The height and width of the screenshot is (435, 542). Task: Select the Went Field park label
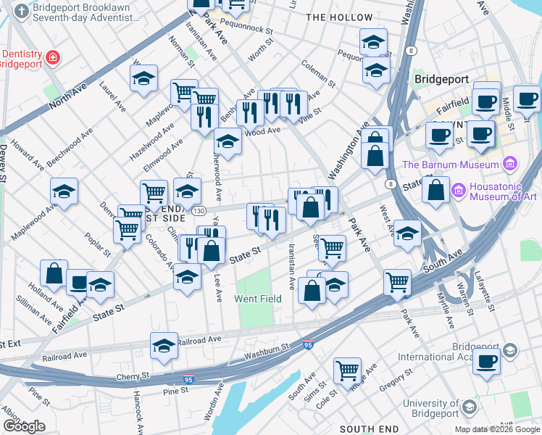253,299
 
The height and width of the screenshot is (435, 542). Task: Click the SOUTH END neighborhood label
368,429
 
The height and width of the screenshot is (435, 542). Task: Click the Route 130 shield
198,211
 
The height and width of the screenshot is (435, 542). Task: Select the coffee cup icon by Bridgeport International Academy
487,360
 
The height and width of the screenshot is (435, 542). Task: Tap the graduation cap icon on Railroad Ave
164,347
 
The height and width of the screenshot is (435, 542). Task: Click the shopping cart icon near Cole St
347,370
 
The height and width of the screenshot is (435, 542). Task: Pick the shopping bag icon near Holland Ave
54,274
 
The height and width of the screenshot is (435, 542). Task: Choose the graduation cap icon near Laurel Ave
144,78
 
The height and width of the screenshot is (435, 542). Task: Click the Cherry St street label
133,376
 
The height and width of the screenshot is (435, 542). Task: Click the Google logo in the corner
24,426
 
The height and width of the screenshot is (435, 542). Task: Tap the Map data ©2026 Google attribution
496,429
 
